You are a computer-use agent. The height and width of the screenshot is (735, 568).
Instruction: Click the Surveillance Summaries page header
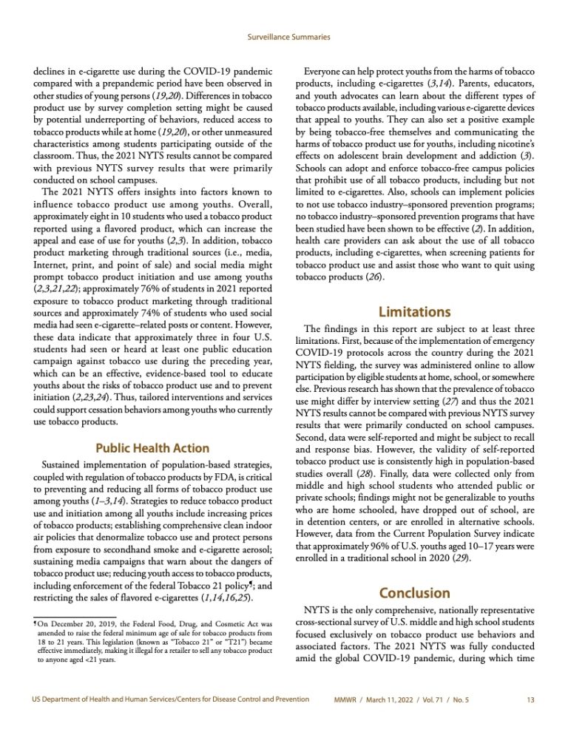[283, 35]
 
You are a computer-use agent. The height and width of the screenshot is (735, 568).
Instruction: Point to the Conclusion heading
[414, 593]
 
